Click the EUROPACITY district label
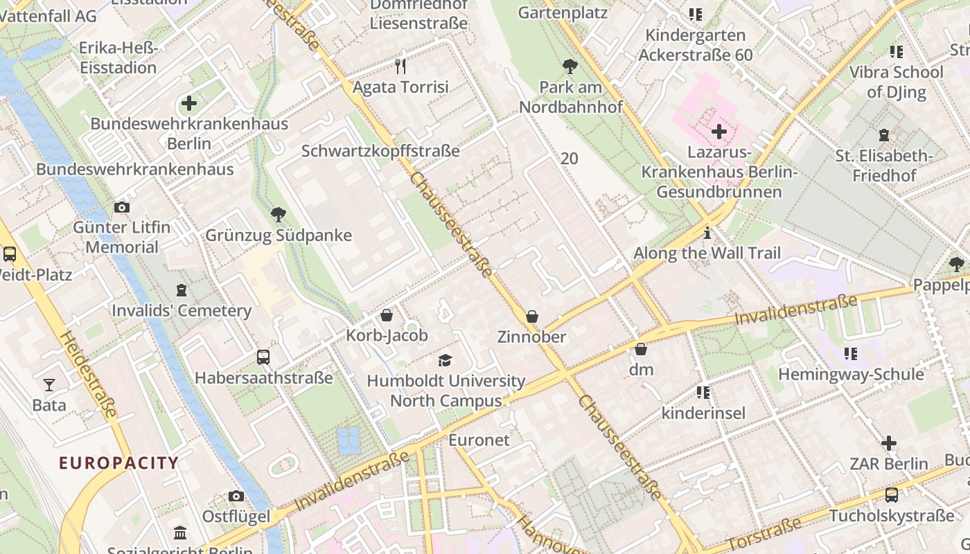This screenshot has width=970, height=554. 118,463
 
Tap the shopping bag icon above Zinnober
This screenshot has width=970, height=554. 531,316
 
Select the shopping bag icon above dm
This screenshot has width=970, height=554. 641,349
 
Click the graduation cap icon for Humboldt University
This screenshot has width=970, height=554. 445,360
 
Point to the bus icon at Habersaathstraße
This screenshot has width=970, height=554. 263,357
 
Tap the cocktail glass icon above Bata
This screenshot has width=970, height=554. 48,384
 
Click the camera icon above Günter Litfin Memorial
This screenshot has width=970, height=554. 121,207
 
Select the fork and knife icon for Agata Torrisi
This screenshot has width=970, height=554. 400,66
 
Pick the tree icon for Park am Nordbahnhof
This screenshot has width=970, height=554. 570,66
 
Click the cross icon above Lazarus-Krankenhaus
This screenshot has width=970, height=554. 719,131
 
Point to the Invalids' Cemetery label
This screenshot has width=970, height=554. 182,310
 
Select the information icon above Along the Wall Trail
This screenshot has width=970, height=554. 707,233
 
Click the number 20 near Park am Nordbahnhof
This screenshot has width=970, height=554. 569,159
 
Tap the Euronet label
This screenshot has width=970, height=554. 479,440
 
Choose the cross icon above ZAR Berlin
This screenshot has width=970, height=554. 889,443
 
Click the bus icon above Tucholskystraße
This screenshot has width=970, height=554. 892,495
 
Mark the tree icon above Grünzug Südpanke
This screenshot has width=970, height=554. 279,215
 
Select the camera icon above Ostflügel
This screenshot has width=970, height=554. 236,496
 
